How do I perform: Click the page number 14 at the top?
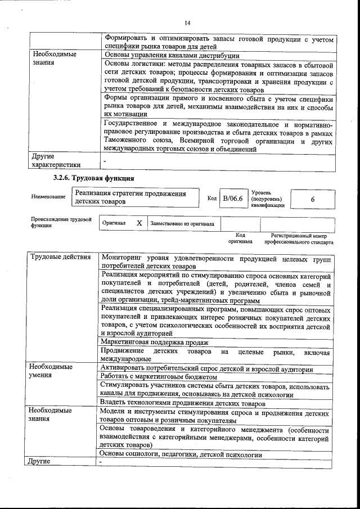187,22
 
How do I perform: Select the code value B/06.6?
232,198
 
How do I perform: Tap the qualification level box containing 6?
313,199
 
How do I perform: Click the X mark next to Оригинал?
139,223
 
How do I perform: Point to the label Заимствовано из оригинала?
182,223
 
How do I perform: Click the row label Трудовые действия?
60,257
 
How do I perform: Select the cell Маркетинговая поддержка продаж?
155,342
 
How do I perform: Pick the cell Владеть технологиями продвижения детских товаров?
182,403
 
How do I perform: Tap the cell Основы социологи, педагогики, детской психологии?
181,453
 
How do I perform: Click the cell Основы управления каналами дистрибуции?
172,55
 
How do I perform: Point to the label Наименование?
48,197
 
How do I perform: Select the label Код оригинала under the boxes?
240,239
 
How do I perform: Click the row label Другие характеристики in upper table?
56,161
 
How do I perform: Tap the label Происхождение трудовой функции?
61,222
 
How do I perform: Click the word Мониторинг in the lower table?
123,258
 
